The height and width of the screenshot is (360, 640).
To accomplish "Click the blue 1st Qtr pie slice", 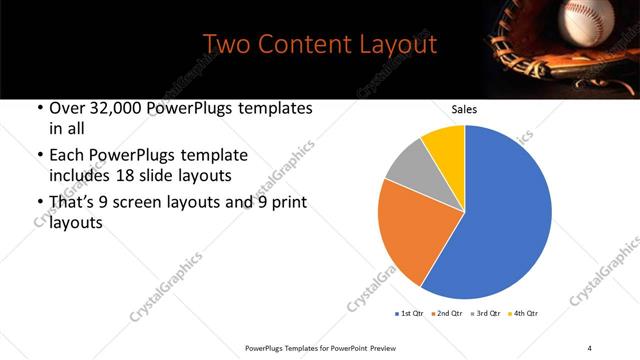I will pos(505,220).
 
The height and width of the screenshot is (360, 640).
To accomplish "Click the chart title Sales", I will pos(465,109).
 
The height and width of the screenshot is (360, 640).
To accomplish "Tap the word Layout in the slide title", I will pos(400,45).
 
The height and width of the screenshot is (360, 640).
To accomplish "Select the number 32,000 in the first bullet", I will pos(127,108).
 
